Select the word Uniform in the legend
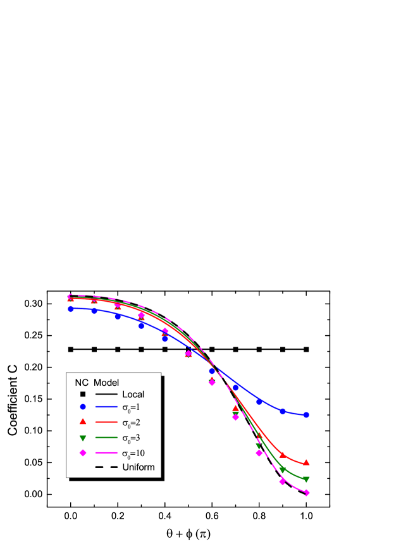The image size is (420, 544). (138, 467)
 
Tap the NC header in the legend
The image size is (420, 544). (81, 382)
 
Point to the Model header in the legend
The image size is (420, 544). (107, 382)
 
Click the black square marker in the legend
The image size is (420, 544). (82, 394)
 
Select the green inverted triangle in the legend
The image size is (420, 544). (82, 438)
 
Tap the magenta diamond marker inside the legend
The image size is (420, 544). (82, 453)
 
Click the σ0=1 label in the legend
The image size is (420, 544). (132, 409)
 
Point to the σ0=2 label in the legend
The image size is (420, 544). (132, 423)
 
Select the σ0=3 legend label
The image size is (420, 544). (132, 438)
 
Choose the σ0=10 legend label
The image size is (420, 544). (134, 453)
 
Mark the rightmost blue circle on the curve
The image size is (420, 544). (307, 415)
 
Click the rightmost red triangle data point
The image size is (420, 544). (307, 462)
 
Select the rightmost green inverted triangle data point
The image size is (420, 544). (307, 479)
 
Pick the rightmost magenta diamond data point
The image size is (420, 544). (307, 493)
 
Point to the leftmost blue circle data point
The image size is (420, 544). (71, 309)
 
